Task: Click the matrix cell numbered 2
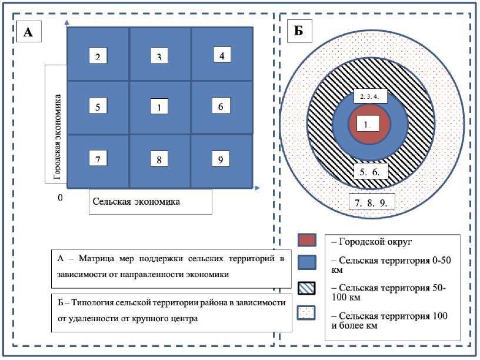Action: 98,56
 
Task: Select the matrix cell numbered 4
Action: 222,56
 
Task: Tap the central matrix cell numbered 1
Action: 159,106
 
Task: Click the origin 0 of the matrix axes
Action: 59,198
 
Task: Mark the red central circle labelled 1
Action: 368,125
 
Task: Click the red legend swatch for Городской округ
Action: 307,240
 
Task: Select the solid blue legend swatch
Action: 307,261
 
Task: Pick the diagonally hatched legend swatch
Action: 307,289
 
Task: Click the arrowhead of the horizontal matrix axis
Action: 258,188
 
